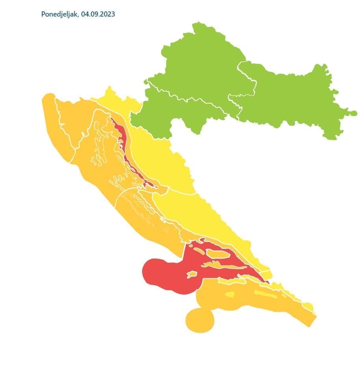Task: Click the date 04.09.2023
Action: click(98, 14)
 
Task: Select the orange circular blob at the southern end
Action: click(200, 320)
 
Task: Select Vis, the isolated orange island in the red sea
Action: click(192, 274)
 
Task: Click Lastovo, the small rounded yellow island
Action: click(230, 294)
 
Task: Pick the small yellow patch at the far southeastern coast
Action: click(308, 307)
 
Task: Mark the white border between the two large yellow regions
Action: click(181, 191)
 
